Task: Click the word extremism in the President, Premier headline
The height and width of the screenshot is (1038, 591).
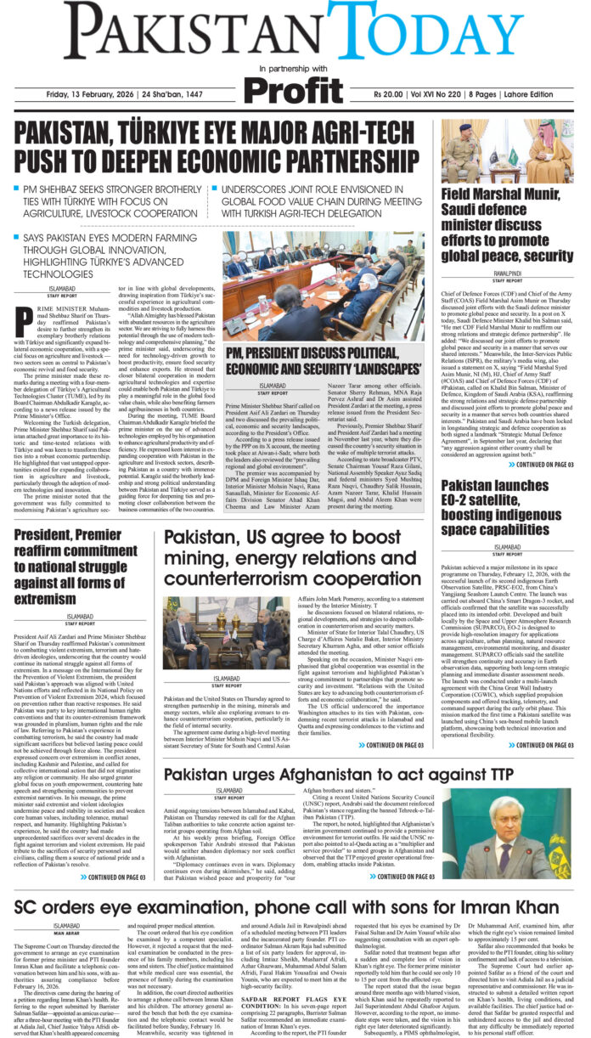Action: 48,578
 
